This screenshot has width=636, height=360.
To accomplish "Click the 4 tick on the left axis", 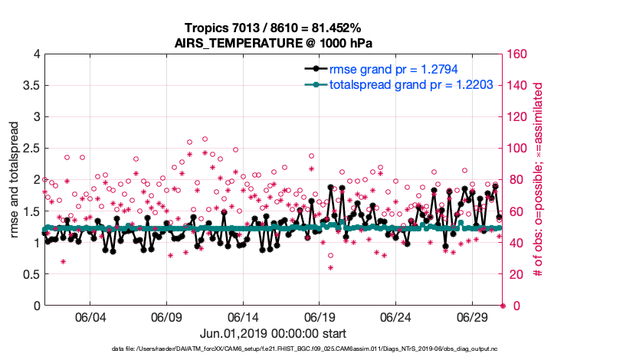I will (x=36, y=54).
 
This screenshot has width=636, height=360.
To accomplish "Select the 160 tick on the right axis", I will (x=520, y=54).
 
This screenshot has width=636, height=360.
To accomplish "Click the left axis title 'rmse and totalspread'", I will (x=15, y=180).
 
